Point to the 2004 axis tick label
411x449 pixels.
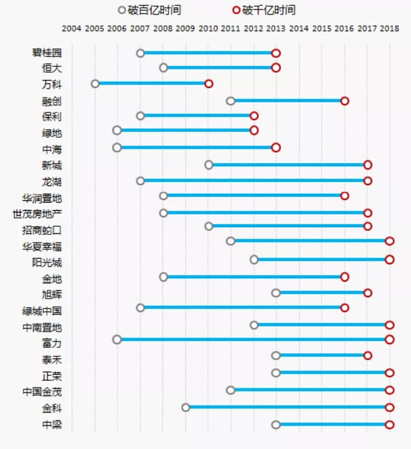[x=72, y=29]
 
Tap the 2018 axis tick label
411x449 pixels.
[x=390, y=29]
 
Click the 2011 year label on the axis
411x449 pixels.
[x=230, y=29]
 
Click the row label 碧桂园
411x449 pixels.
[x=47, y=53]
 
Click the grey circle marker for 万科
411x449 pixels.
[x=95, y=84]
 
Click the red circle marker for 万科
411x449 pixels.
[x=209, y=84]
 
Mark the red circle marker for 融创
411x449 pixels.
[x=345, y=101]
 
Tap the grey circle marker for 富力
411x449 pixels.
[x=117, y=340]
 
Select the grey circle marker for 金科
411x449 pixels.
[x=185, y=407]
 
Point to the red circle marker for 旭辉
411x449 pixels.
[x=368, y=293]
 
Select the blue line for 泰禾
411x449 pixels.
[x=322, y=356]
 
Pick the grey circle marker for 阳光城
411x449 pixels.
[x=254, y=260]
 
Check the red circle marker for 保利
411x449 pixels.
[x=254, y=116]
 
